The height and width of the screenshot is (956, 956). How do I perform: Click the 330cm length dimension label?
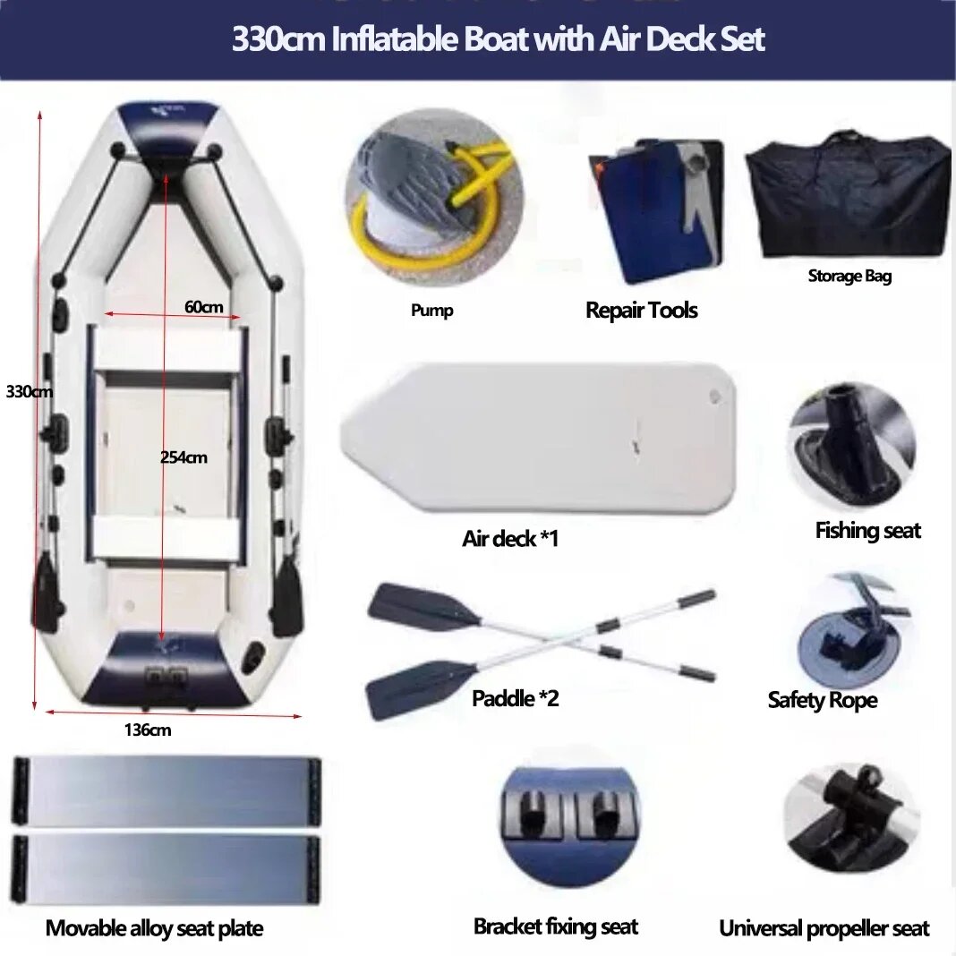[x=30, y=391]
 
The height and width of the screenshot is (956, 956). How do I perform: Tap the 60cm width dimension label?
[x=203, y=307]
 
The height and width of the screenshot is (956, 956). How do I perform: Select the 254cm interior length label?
[x=184, y=457]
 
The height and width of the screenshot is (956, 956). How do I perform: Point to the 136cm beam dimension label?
[x=148, y=730]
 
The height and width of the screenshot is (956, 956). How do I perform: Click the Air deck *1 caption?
[x=510, y=538]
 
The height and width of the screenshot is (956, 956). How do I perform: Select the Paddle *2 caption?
[x=516, y=698]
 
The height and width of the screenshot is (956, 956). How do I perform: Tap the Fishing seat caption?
[x=867, y=531]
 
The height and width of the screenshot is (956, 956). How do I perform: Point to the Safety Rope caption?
[x=823, y=700]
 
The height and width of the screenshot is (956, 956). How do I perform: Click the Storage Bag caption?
[x=849, y=277]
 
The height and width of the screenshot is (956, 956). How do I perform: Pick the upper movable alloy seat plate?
[x=166, y=790]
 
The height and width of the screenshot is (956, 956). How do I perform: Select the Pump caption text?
[x=431, y=311]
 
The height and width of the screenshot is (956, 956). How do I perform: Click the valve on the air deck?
[x=715, y=397]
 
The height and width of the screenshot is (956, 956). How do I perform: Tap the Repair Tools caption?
[x=642, y=311]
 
